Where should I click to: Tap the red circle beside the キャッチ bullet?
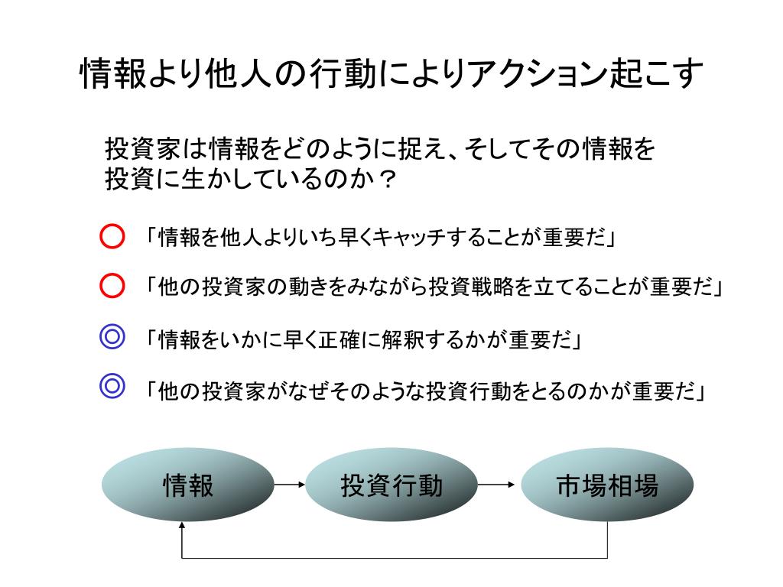[x=112, y=237]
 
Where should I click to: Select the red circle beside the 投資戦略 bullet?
[x=112, y=286]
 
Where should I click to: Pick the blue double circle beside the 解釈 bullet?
[x=112, y=337]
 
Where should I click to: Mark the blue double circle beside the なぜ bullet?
[x=112, y=388]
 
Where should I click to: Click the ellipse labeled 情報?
[x=188, y=485]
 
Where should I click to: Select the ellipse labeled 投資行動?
[x=391, y=485]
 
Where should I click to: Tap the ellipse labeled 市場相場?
[x=607, y=485]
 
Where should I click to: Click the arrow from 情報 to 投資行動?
[x=290, y=485]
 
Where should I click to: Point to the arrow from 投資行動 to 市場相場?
[x=498, y=485]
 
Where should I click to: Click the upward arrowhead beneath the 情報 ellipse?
[x=182, y=527]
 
